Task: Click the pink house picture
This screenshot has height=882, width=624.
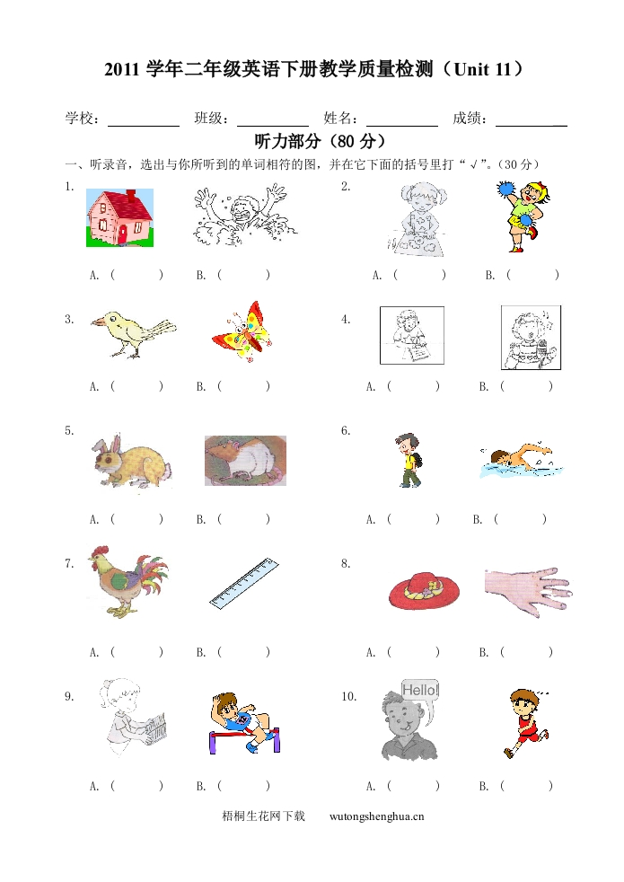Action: click(119, 217)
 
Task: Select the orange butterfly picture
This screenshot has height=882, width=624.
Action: click(242, 332)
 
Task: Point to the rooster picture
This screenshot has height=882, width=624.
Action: click(127, 581)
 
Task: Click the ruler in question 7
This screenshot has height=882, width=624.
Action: click(244, 582)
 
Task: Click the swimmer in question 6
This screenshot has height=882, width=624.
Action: click(514, 460)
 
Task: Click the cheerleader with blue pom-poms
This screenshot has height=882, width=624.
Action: click(520, 216)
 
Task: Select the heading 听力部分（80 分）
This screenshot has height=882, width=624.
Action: click(321, 141)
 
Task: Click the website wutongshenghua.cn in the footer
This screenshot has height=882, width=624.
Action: click(377, 816)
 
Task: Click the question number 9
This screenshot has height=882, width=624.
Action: click(69, 697)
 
